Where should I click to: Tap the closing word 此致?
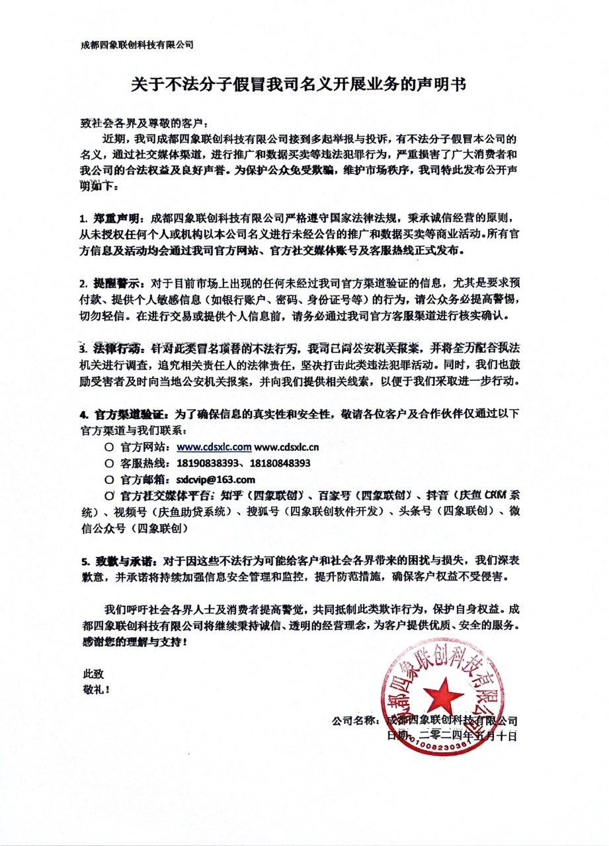click(93, 673)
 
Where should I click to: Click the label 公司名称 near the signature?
click(357, 720)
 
